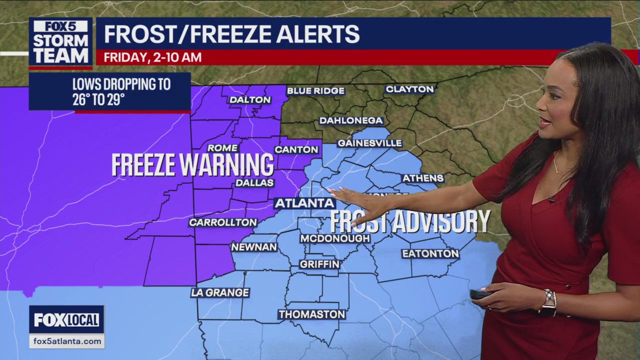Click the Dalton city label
click(250, 99)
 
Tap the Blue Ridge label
click(315, 90)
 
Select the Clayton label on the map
click(409, 89)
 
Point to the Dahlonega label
click(351, 120)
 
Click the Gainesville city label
click(369, 143)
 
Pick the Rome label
click(222, 148)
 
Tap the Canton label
click(296, 149)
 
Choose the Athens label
click(423, 178)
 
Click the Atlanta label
click(304, 203)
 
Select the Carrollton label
click(223, 222)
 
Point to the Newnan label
click(254, 247)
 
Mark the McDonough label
click(335, 238)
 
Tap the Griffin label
click(319, 264)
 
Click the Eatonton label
click(430, 253)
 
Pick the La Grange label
click(220, 292)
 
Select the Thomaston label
click(312, 314)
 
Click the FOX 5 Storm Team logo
click(60, 42)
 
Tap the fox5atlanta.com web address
click(66, 341)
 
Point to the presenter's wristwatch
click(549, 302)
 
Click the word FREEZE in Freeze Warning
click(143, 165)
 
